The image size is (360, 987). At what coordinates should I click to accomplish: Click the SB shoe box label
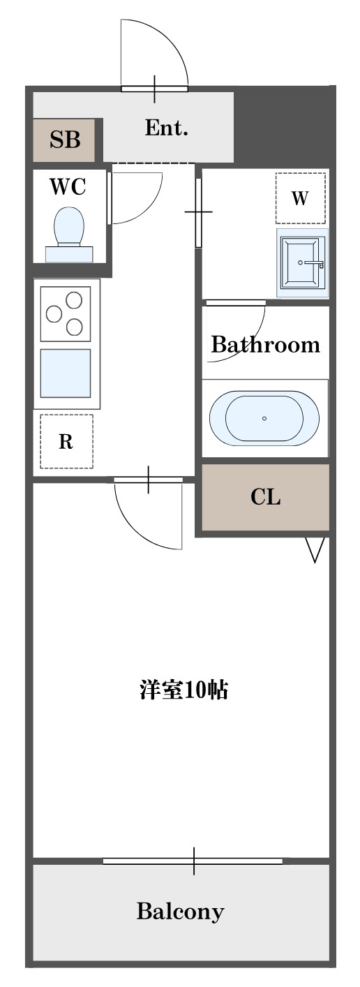pos(65,140)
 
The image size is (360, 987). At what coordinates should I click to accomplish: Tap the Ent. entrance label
pos(167,128)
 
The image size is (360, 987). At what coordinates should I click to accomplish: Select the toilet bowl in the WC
pos(69,226)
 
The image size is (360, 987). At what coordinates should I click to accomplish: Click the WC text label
pos(68,187)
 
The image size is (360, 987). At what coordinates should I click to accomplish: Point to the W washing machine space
pos(301,198)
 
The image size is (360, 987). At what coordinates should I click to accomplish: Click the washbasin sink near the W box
pos(302,262)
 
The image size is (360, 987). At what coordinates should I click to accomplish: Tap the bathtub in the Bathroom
pos(264,418)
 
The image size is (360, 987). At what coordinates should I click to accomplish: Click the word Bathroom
pos(265,345)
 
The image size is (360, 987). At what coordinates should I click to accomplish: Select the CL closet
pos(265,497)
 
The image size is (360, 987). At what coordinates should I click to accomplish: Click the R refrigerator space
pos(66,441)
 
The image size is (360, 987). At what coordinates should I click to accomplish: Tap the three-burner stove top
pos(66,313)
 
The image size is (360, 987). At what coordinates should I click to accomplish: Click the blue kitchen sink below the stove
pos(66,373)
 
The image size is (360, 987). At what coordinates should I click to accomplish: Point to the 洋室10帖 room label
pos(183,690)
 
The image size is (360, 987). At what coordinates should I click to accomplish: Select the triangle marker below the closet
pos(315,549)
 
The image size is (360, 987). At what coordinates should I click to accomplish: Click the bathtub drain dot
pos(264,418)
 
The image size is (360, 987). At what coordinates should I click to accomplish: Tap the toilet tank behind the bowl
pos(69,254)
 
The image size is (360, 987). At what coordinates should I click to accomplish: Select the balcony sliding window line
pos(193,861)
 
